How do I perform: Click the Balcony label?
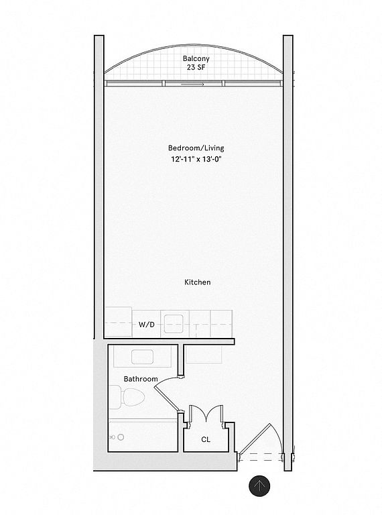click(196, 59)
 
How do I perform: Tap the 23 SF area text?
click(196, 68)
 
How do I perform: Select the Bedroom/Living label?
click(196, 148)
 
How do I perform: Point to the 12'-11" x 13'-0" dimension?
click(196, 160)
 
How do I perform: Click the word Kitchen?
click(197, 282)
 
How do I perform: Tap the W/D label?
click(146, 325)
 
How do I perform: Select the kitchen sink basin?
click(174, 323)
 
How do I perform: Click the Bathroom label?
click(141, 379)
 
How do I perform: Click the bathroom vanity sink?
click(143, 357)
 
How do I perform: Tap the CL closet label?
click(206, 439)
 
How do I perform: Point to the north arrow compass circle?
click(259, 485)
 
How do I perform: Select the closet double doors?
click(206, 413)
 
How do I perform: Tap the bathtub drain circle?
click(121, 437)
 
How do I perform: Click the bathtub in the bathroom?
click(143, 435)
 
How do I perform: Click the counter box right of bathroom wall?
click(204, 354)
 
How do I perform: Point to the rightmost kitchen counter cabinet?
click(221, 323)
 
